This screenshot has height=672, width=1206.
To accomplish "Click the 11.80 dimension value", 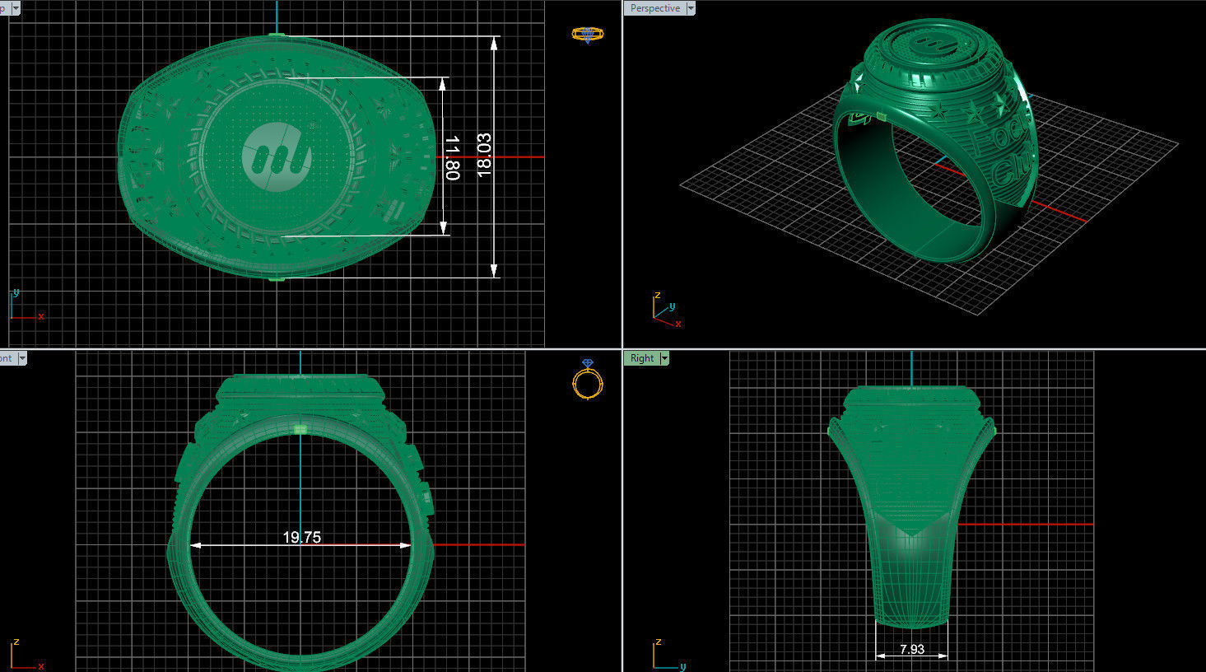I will pos(451,157).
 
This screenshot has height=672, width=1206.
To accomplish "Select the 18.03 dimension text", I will pos(484,155).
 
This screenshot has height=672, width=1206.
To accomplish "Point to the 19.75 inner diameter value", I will pos(301,537).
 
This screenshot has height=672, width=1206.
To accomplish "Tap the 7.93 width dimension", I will pos(911,649).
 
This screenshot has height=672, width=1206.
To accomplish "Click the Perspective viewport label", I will pos(655,8).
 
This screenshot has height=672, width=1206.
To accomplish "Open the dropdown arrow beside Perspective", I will pos(691,8).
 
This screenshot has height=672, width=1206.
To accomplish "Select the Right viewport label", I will pos(641,358).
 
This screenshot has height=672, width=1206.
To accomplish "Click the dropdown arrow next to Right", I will pos(664,358).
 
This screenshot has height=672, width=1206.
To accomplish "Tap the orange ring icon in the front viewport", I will pos(587,380).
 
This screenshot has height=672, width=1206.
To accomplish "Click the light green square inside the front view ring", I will pos(300,429).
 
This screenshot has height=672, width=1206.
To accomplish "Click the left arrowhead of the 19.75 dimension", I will pos(195,545).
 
